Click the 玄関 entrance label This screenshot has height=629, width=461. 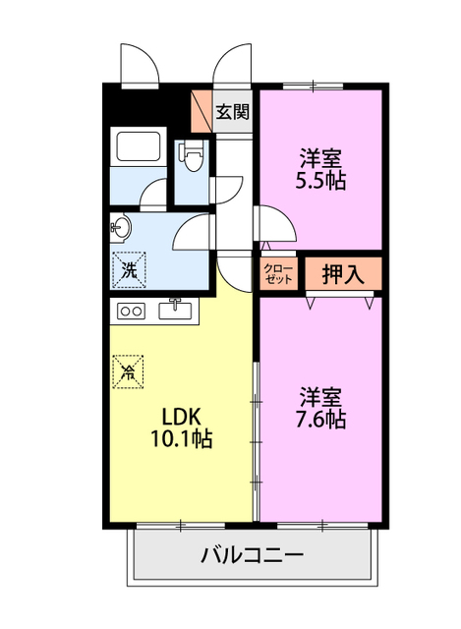pos(232,111)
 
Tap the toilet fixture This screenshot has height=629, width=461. pos(193,155)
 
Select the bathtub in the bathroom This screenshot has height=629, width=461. pos(139,144)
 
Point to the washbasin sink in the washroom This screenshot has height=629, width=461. pos(120,228)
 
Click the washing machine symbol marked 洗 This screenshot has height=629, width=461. pos(129,270)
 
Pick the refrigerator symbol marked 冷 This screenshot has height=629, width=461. pos(128,372)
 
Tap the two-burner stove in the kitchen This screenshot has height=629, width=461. pos(131,312)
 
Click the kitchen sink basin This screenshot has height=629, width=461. pos(175,311)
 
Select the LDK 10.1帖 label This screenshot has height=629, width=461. pos(181,428)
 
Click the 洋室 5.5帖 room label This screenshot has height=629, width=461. pos(320,169)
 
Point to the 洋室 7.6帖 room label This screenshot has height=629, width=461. pos(320,408)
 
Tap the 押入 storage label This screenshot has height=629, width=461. pos(343,274)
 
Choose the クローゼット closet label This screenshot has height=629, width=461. pos(278,274)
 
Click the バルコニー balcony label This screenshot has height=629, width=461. pos(252,555)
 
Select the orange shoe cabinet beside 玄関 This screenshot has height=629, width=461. pos(202,111)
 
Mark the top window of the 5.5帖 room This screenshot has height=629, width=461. pos(313,86)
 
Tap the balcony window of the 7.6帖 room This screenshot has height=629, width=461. pos(322,525)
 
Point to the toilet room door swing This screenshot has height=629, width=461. pos(227,190)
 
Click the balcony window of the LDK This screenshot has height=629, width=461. pos(181,525)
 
